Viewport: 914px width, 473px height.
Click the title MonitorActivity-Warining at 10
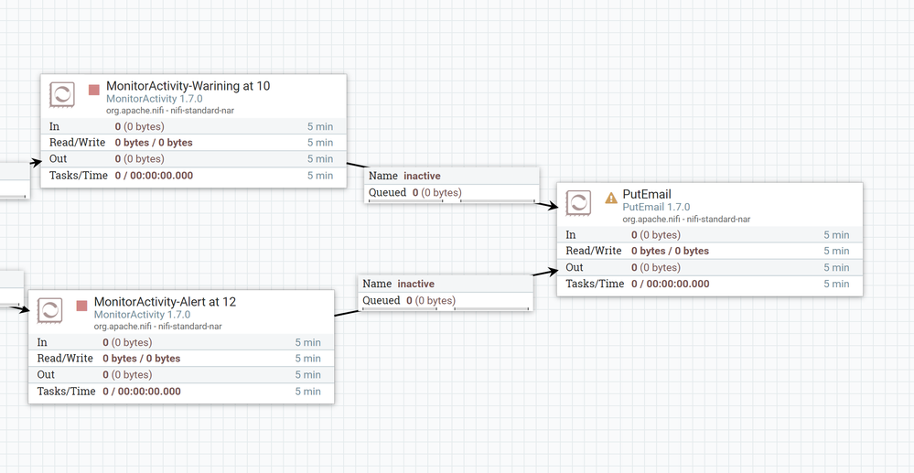pyautogui.click(x=188, y=86)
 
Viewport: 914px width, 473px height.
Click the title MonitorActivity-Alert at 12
pyautogui.click(x=165, y=301)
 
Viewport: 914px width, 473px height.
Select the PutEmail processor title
pyautogui.click(x=647, y=194)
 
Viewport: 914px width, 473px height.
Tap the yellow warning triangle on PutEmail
pyautogui.click(x=611, y=198)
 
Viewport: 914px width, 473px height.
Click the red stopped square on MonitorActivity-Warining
pyautogui.click(x=93, y=90)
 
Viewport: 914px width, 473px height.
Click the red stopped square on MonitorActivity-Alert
pyautogui.click(x=81, y=305)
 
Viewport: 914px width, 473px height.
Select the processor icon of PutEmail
pyautogui.click(x=578, y=203)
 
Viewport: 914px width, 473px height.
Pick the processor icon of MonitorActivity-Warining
pyautogui.click(x=62, y=95)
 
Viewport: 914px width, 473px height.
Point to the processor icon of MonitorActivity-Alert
pyautogui.click(x=49, y=310)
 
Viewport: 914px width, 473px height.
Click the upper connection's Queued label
pyautogui.click(x=387, y=192)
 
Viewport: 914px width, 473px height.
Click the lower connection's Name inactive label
pyautogui.click(x=399, y=284)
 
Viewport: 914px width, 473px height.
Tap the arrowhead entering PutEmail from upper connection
pyautogui.click(x=552, y=207)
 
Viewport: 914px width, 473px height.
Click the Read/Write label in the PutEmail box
pyautogui.click(x=593, y=251)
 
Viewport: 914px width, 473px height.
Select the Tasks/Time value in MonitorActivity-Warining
pyautogui.click(x=154, y=176)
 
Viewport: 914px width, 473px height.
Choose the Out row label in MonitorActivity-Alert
pyautogui.click(x=46, y=375)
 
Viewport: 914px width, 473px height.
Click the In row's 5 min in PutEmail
pyautogui.click(x=835, y=235)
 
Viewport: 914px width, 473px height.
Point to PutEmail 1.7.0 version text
pyautogui.click(x=656, y=208)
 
